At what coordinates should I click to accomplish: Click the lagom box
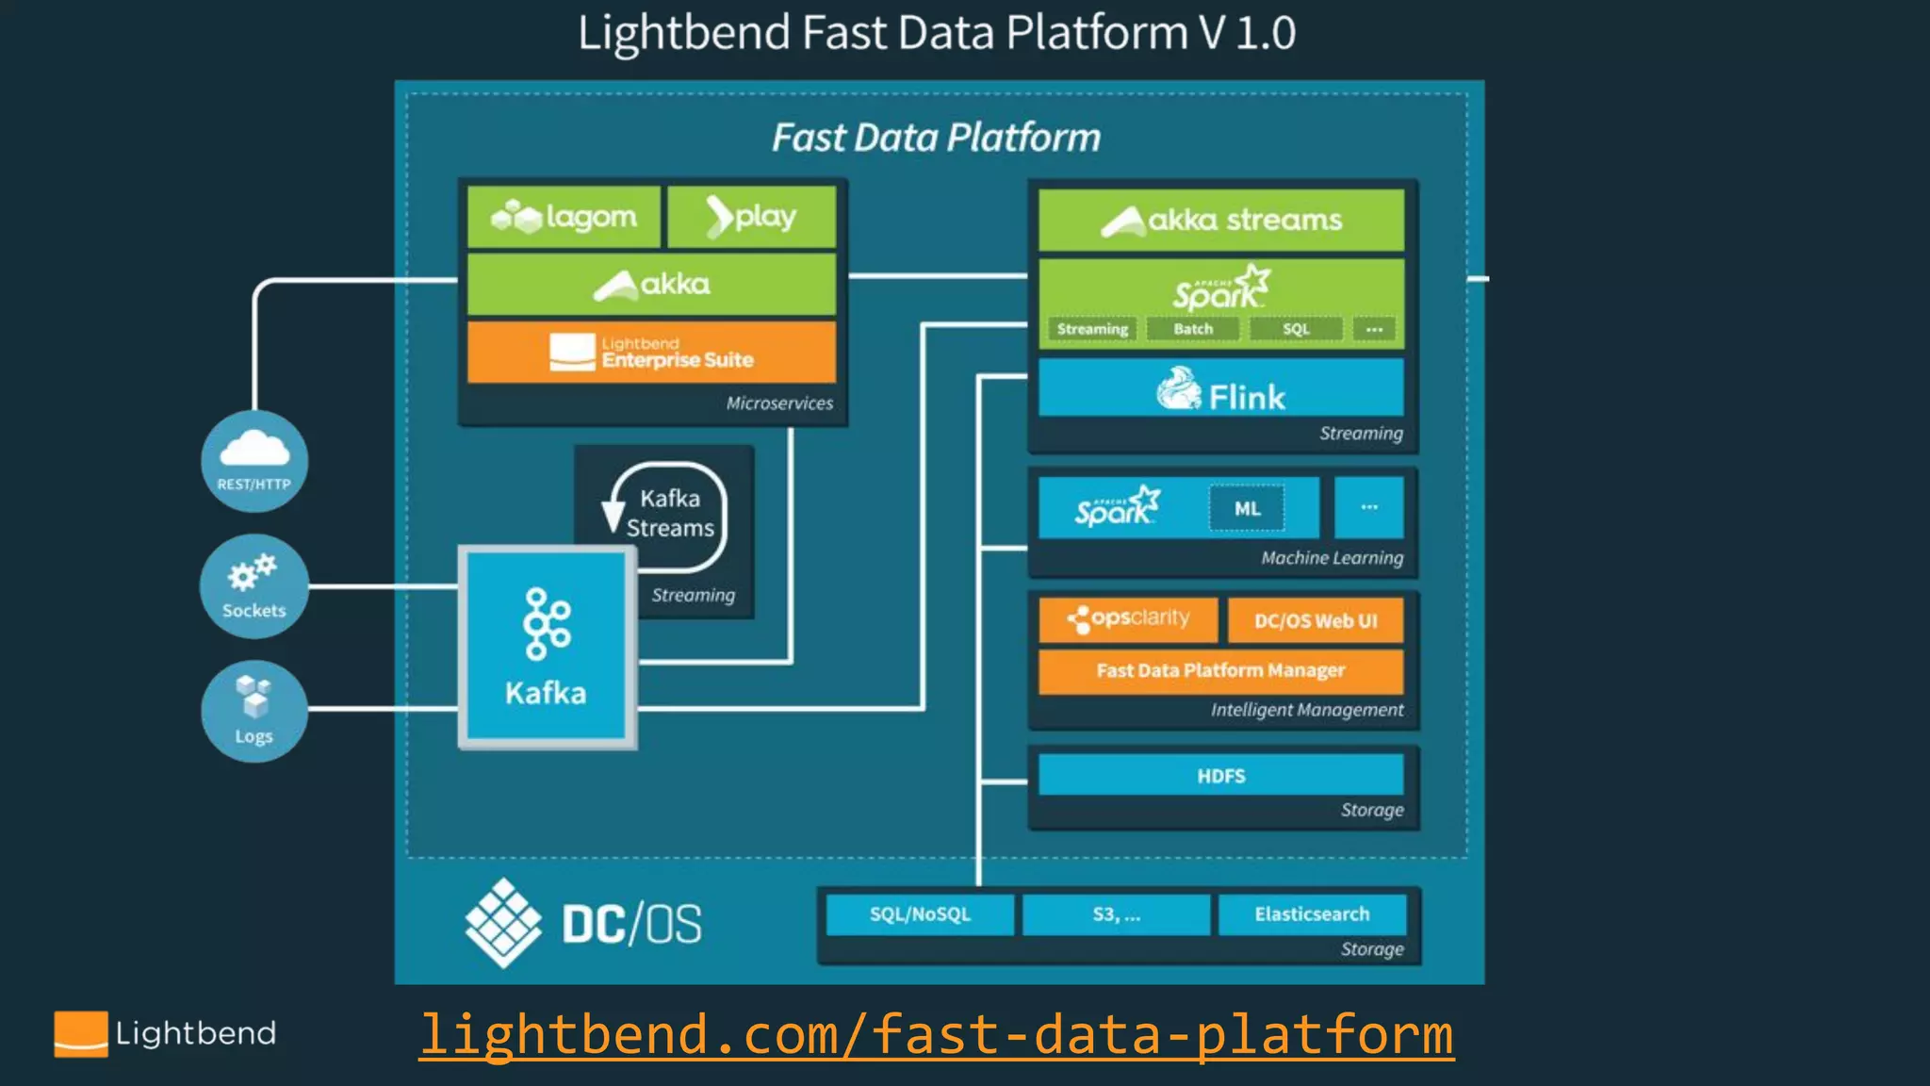[564, 217]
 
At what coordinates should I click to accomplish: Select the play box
[751, 217]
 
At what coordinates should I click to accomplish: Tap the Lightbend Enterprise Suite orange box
[651, 353]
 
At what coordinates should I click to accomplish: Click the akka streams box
[1220, 220]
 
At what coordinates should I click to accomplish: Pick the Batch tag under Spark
[1193, 329]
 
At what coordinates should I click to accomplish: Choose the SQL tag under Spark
[1296, 329]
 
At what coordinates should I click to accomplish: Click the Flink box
[1220, 388]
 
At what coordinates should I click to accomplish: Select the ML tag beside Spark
[1247, 509]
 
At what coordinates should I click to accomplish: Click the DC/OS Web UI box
[1316, 620]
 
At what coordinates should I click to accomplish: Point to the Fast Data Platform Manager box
[1220, 670]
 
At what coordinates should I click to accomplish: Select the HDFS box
[1220, 775]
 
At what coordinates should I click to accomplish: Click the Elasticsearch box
[1312, 913]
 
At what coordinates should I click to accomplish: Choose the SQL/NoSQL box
[920, 913]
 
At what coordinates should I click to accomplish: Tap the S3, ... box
[1116, 913]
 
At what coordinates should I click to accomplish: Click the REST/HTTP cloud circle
[254, 461]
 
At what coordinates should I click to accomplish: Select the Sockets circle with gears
[254, 585]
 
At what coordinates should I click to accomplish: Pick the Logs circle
[254, 711]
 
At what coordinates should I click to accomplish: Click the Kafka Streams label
[670, 514]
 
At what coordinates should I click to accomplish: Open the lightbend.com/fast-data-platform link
[936, 1034]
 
